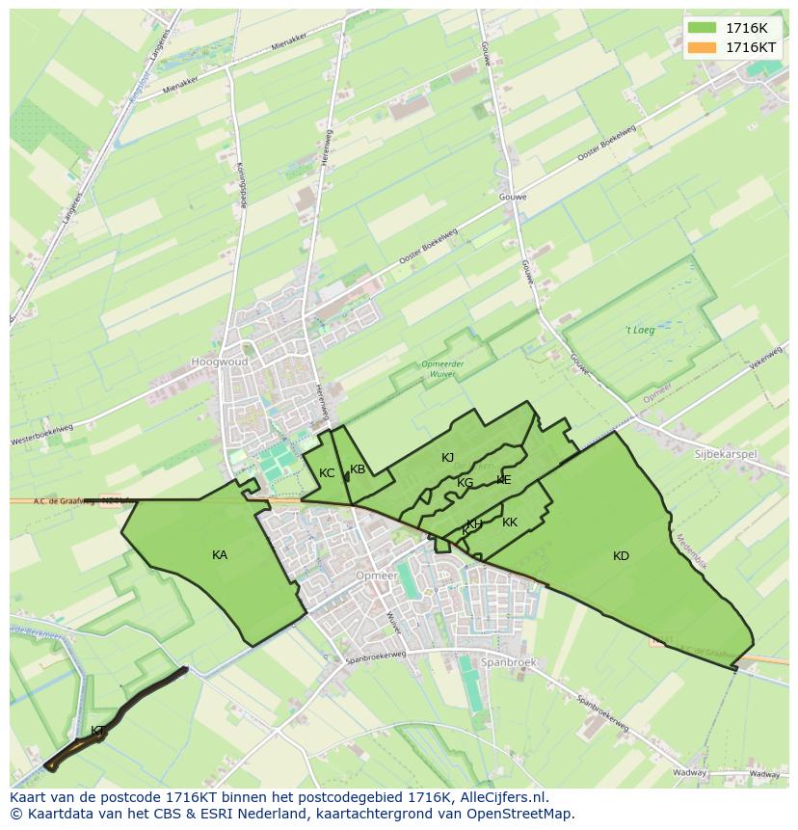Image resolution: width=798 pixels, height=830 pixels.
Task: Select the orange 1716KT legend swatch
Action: pos(703,47)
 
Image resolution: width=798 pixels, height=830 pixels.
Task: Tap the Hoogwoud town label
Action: pos(219,361)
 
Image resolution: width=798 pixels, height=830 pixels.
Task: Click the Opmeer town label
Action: pos(376,576)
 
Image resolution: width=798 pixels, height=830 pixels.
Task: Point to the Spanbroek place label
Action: pos(508,662)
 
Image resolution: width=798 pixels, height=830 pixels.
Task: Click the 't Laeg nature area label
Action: pos(640,330)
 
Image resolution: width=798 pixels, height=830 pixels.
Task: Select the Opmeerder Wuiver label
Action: pos(443,368)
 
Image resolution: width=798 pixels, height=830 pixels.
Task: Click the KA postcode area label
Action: pos(220,555)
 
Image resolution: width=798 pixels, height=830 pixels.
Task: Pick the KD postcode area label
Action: pos(621,556)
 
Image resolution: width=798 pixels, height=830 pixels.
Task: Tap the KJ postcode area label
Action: pos(447,458)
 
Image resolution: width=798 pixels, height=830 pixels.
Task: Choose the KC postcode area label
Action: pos(327,473)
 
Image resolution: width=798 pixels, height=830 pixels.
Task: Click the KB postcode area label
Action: pos(358,469)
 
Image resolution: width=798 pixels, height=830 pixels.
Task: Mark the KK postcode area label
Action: pos(510,522)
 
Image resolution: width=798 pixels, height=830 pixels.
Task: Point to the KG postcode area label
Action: pos(465,483)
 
